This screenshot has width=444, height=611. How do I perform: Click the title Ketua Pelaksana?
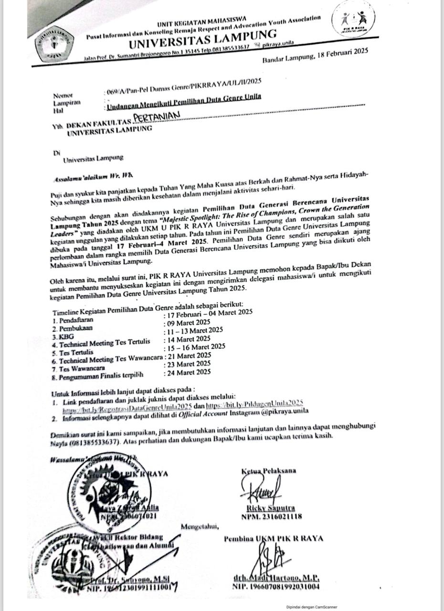click(268, 471)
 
